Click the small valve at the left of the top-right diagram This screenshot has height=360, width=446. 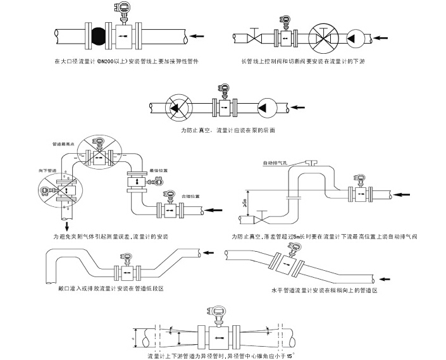pyautogui.click(x=253, y=39)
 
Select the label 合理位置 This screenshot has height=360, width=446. pyautogui.click(x=190, y=196)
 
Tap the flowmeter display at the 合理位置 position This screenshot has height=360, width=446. pyautogui.click(x=169, y=194)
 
